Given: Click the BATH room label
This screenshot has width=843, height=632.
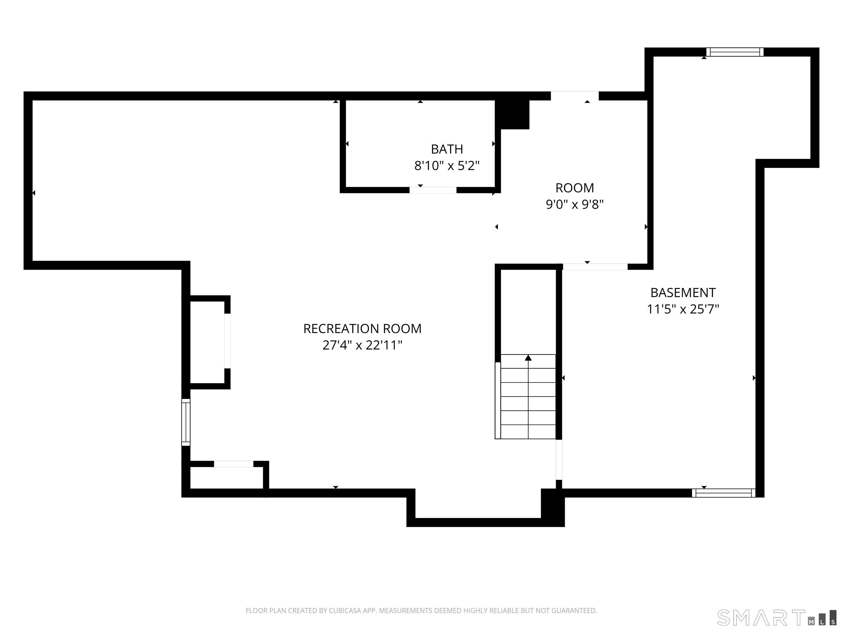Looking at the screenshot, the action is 447,149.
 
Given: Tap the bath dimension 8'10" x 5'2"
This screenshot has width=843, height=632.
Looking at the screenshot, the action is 447,166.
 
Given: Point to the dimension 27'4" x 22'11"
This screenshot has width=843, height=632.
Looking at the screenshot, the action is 363,345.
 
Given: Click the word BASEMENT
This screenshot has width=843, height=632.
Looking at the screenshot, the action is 683,293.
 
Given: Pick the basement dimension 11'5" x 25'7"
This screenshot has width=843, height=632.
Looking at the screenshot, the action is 683,309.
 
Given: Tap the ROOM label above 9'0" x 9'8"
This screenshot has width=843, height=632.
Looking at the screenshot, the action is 575,188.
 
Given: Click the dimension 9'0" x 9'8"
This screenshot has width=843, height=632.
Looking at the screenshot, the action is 575,205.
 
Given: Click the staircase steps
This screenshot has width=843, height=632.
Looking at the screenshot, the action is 528,397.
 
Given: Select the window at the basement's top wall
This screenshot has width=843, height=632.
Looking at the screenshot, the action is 735,52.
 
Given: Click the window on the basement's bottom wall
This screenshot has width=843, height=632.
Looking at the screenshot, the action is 723,493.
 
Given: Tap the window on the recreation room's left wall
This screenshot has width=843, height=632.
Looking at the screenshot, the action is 186,422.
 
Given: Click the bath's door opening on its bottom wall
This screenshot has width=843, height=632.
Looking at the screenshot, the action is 433,190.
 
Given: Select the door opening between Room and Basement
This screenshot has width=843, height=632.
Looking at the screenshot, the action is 595,267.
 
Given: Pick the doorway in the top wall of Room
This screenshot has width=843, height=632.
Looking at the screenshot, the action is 575,96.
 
